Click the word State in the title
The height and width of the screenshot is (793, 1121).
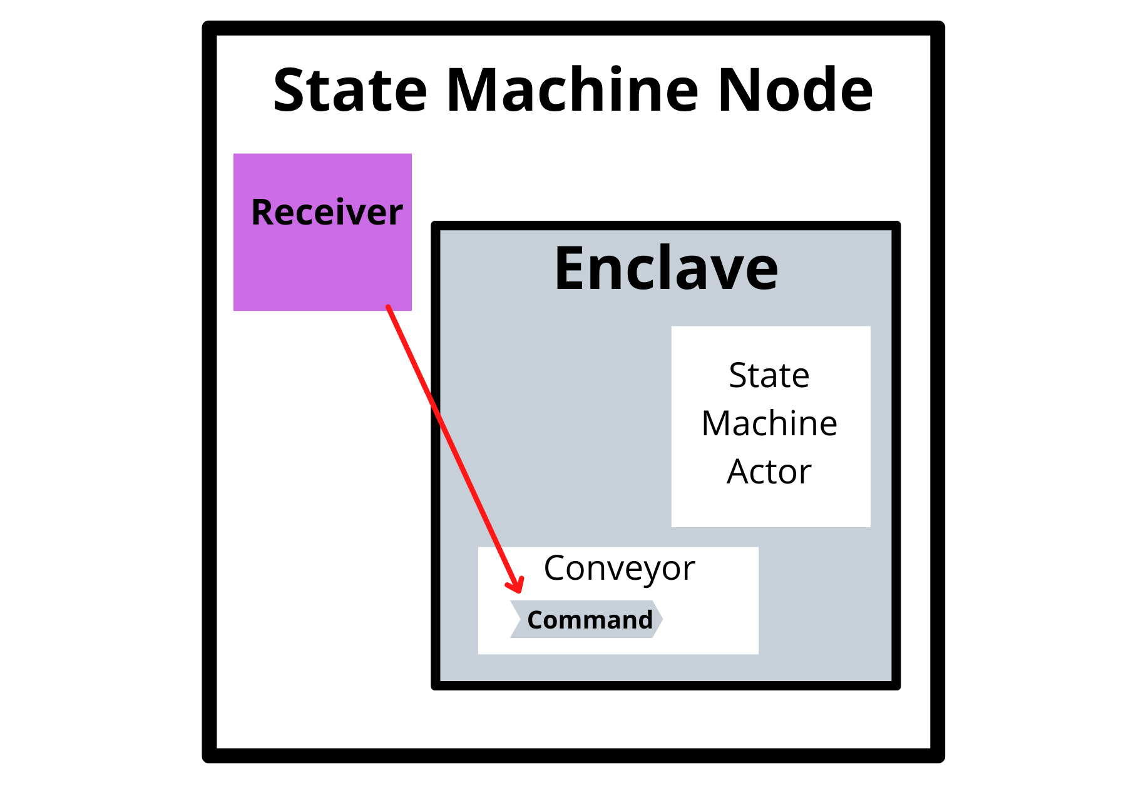(x=350, y=91)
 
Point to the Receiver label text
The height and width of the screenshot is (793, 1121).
(x=327, y=212)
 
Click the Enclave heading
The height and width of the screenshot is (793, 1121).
(x=666, y=269)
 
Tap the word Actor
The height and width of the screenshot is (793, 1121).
(x=769, y=472)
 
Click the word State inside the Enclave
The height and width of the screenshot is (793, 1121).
(x=769, y=375)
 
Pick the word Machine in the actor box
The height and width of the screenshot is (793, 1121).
(x=769, y=423)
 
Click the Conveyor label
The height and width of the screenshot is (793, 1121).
(x=619, y=568)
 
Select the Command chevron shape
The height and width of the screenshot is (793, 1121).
(x=586, y=620)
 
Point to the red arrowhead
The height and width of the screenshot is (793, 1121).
(x=517, y=587)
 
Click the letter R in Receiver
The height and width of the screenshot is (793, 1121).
(x=262, y=212)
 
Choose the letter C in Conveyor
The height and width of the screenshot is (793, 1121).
(x=555, y=568)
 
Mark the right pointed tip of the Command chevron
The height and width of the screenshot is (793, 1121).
(x=661, y=619)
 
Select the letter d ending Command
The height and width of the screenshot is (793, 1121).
(x=645, y=620)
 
